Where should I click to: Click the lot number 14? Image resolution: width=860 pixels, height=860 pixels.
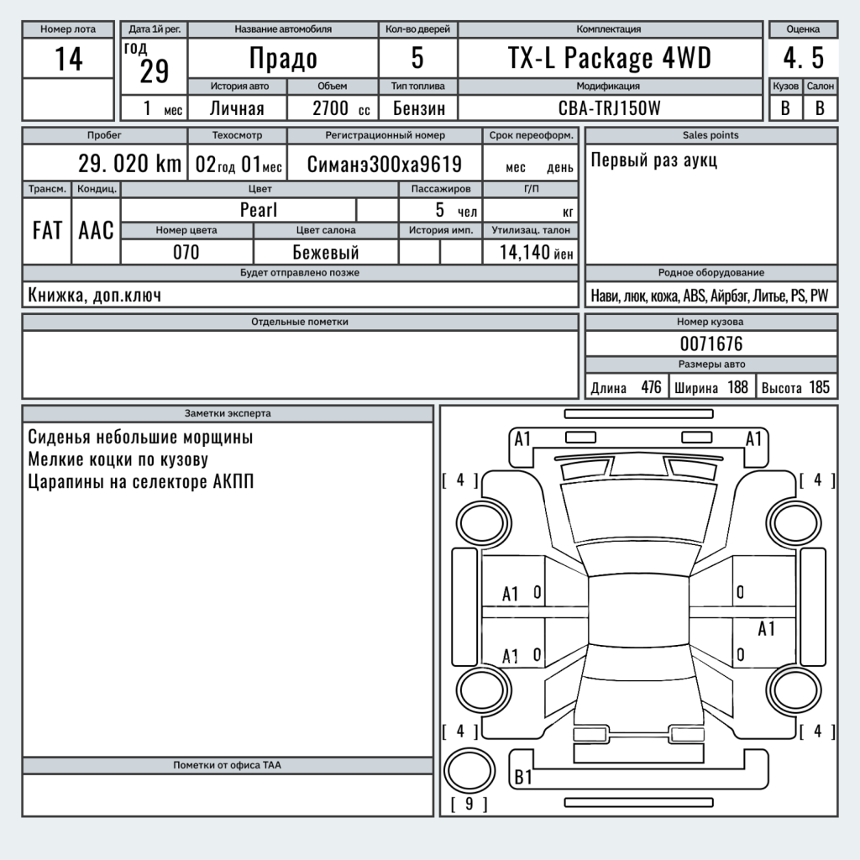point(68,59)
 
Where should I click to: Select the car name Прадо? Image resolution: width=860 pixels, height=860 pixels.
point(283,59)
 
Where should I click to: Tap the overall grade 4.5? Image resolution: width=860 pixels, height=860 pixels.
point(803,59)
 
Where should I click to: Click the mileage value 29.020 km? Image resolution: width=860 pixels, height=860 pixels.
point(129,164)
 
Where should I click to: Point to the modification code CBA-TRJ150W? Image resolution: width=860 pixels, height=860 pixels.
point(610,108)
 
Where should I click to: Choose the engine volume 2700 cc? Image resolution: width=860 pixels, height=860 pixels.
point(340,108)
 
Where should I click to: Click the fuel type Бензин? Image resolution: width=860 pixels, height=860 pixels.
point(418,108)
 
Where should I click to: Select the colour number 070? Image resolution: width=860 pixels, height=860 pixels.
point(186,252)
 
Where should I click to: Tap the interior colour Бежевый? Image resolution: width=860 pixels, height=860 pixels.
point(326,252)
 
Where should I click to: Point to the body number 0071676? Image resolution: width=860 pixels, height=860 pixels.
point(711,343)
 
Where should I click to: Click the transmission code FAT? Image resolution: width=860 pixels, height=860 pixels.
point(47,231)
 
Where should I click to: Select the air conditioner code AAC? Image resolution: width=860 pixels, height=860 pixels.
point(96,231)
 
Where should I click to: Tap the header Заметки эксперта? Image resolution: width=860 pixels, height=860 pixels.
point(228,413)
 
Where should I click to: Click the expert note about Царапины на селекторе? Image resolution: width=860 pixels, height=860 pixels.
point(140,482)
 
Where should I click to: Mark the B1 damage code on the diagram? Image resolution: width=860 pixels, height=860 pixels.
point(523,777)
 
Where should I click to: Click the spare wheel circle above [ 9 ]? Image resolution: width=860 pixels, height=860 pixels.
point(467,771)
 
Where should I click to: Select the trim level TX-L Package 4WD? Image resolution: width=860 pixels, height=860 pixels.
point(610,59)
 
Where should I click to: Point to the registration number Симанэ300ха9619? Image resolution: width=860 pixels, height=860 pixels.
point(384,165)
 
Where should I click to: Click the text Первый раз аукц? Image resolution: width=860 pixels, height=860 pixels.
point(654,160)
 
